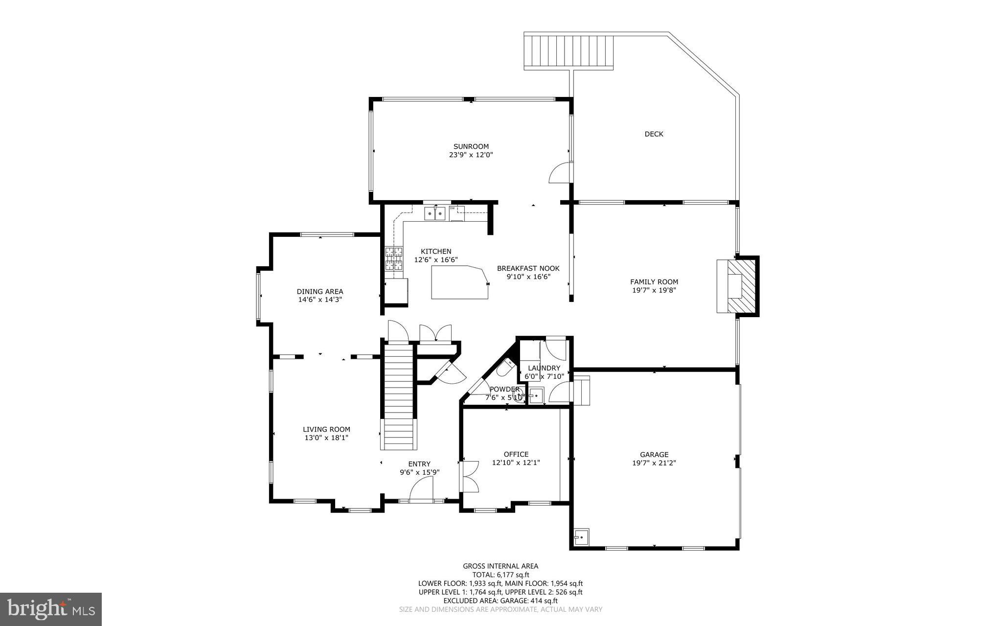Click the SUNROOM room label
[471, 146]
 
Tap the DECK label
[654, 134]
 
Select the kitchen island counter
[460, 282]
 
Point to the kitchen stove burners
[394, 259]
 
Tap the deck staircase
[568, 51]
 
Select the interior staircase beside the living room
[398, 396]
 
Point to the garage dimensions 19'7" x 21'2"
[654, 463]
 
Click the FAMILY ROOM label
[654, 282]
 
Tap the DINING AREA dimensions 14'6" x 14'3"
[319, 300]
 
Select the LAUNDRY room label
[544, 368]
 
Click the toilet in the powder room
[504, 368]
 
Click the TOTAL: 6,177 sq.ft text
[501, 575]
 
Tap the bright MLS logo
[50, 609]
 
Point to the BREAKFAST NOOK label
[528, 268]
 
